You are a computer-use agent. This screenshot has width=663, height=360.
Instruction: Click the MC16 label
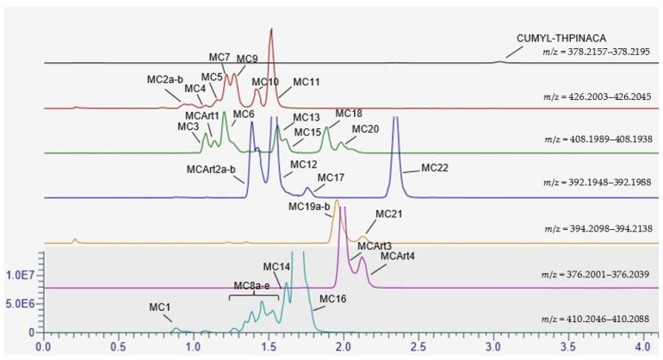(332, 299)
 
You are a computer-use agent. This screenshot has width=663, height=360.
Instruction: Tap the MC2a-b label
(165, 79)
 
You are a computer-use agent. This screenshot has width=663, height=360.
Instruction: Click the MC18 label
(349, 114)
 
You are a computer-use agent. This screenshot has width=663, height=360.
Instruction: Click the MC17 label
(331, 177)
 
